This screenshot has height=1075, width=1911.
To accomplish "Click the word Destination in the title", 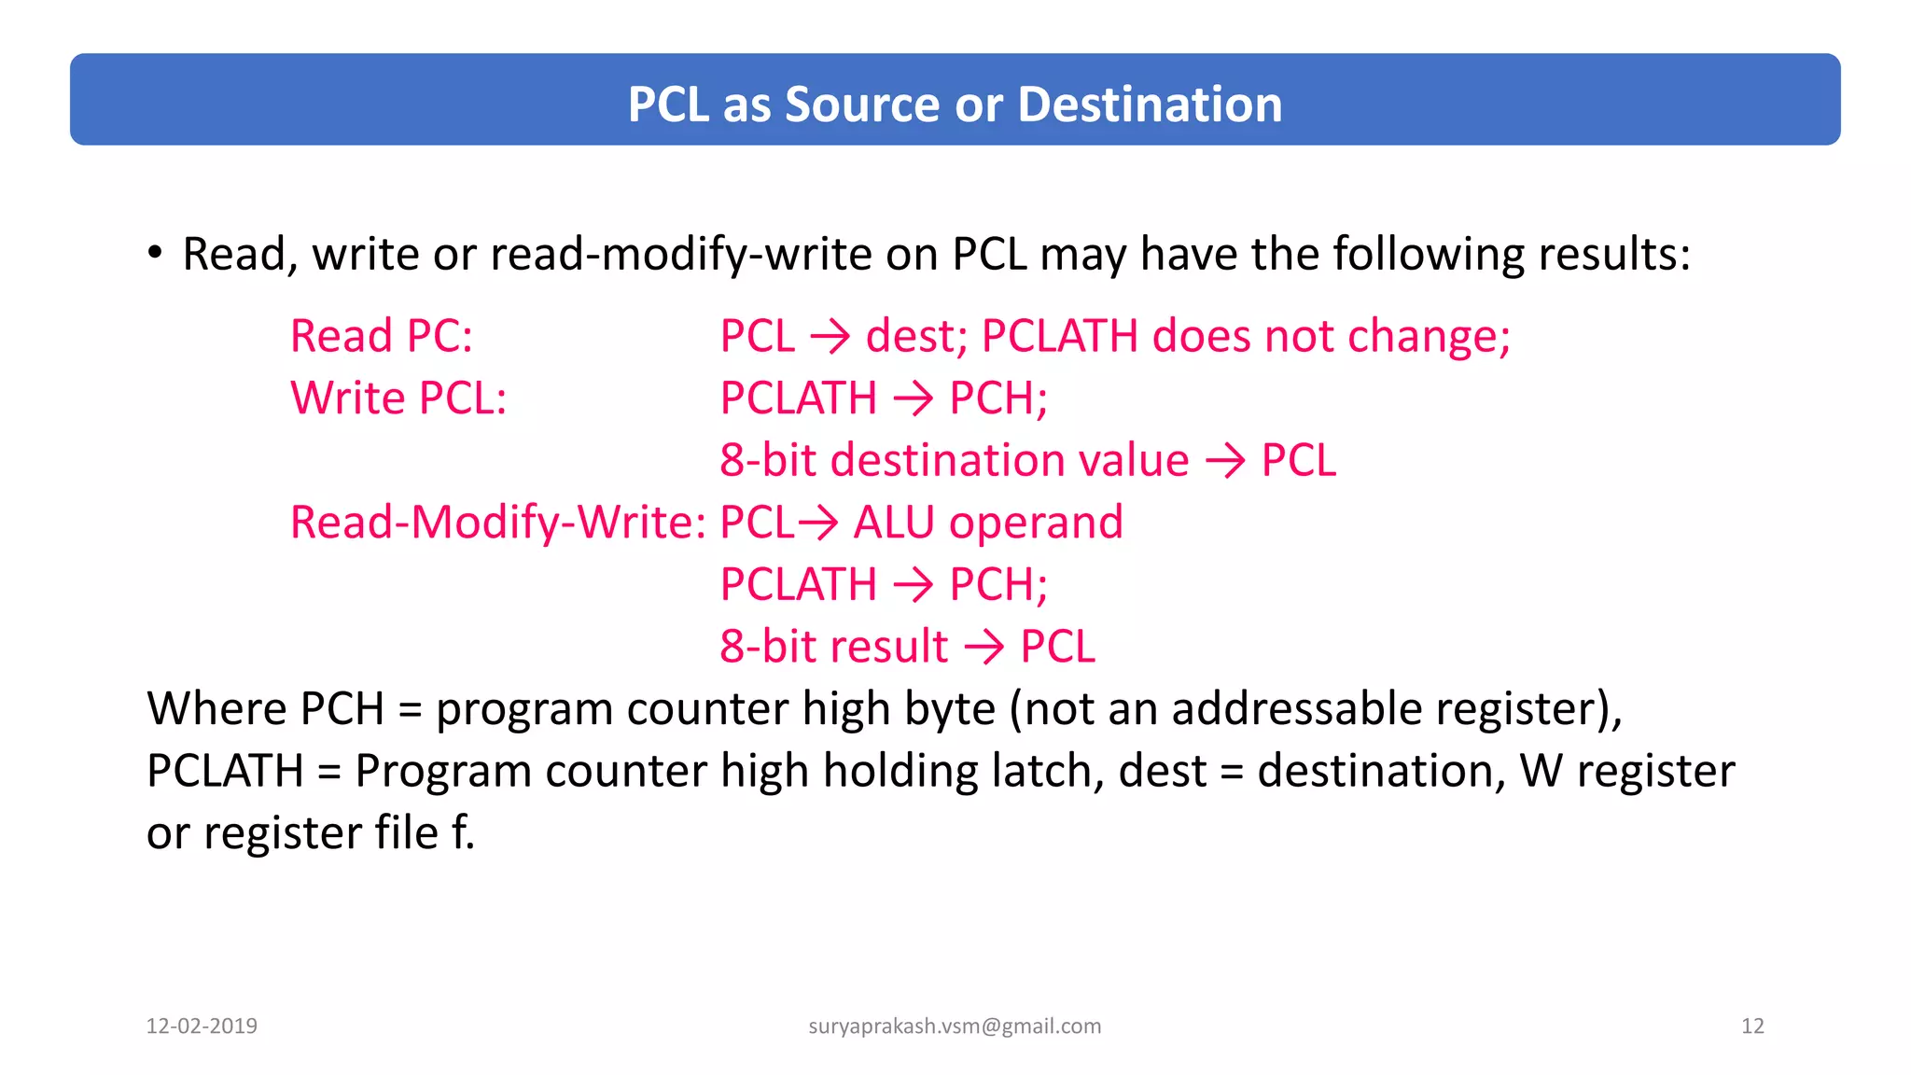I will [x=1150, y=104].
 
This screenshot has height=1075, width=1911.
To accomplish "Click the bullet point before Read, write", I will [x=155, y=252].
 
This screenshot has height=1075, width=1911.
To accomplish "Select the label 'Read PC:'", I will [x=382, y=336].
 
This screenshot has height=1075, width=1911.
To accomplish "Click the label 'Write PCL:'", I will [x=398, y=398].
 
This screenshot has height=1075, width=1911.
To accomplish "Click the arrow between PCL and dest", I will [x=830, y=337].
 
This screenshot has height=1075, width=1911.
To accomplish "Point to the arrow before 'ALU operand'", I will [x=818, y=523].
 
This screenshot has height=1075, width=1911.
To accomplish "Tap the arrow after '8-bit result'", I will [x=983, y=647].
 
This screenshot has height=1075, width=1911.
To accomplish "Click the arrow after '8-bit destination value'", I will [x=1224, y=461].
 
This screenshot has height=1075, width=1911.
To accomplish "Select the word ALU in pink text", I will [x=893, y=523].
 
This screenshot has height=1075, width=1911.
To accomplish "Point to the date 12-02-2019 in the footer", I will [x=202, y=1026].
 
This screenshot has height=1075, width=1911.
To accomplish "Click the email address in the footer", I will [x=955, y=1026].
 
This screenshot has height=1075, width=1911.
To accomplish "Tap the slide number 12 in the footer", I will [x=1752, y=1026].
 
